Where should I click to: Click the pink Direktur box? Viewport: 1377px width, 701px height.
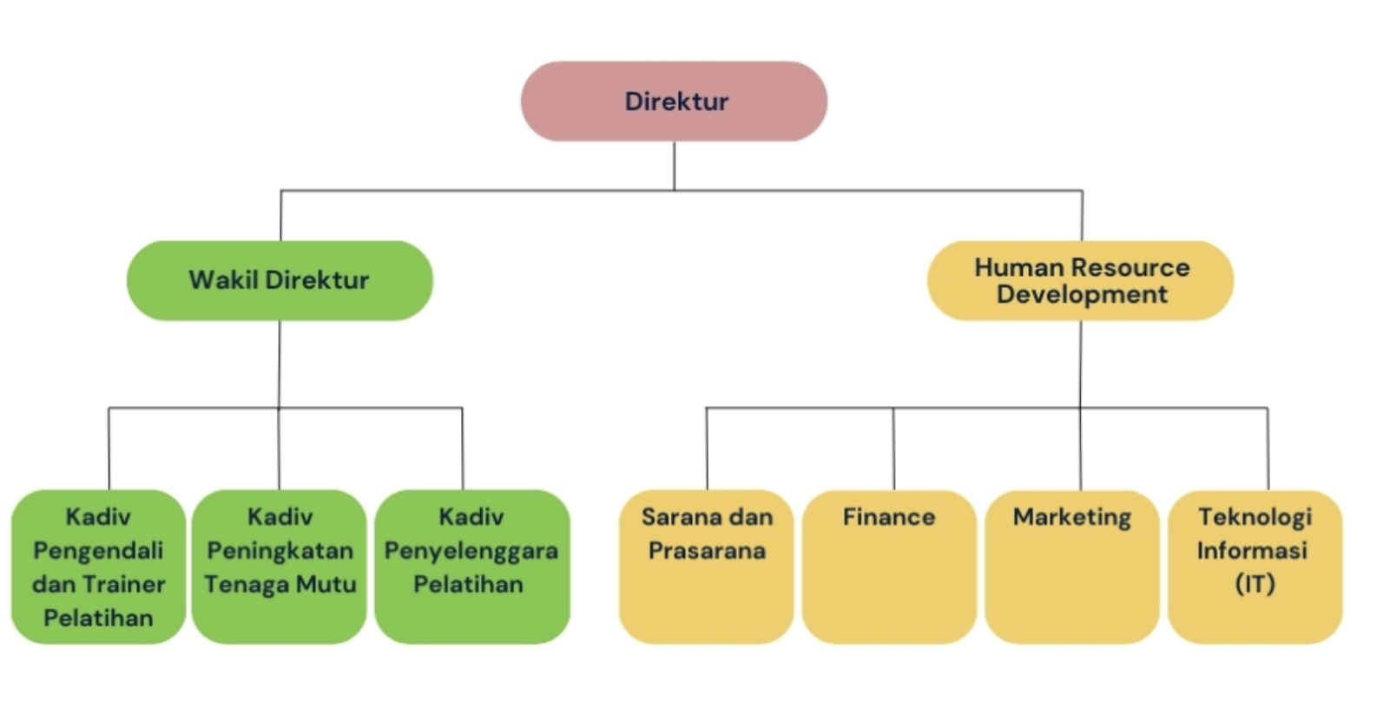(674, 102)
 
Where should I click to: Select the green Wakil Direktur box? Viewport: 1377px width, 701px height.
(280, 280)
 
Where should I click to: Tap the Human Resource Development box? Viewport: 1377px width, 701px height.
(1081, 280)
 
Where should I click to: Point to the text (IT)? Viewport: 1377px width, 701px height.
(1255, 583)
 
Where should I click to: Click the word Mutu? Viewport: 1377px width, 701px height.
(325, 584)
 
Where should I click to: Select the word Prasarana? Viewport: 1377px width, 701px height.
(707, 550)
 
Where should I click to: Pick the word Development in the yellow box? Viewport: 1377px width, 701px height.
(1082, 294)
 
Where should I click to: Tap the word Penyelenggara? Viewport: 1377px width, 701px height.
(471, 550)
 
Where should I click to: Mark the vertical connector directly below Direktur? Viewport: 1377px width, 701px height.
(675, 166)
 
